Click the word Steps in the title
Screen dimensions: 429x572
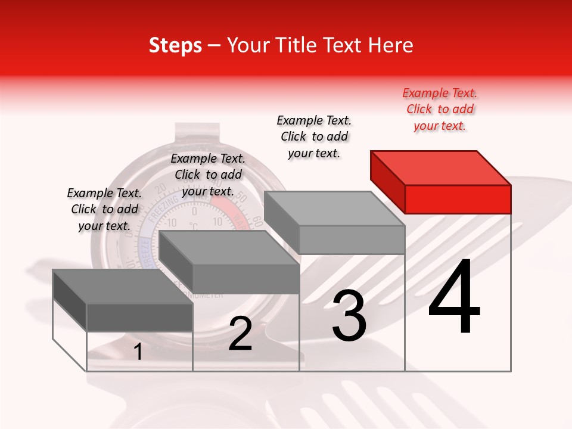[x=175, y=45]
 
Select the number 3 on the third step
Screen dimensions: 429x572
[x=349, y=316]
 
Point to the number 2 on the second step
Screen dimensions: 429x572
[x=240, y=334]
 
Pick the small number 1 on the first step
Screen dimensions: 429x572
[x=138, y=352]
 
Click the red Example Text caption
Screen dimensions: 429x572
[x=440, y=110]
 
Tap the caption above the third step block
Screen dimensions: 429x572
[x=314, y=136]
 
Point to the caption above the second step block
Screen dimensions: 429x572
[x=208, y=175]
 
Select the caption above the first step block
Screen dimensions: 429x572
[x=104, y=209]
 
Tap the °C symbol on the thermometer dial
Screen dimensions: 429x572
[x=193, y=226]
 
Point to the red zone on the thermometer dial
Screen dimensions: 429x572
[x=227, y=206]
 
